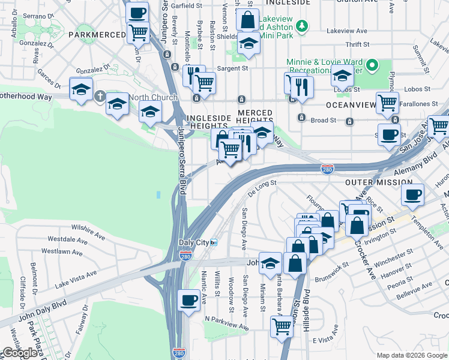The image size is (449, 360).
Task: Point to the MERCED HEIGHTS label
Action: click(255, 117)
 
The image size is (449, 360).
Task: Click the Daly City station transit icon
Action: click(213, 242)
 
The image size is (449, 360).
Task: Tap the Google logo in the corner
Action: click(20, 352)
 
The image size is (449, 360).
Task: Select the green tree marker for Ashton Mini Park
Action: click(303, 25)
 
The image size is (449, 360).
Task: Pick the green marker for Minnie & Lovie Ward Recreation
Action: click(372, 65)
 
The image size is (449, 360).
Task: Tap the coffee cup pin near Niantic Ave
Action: click(190, 300)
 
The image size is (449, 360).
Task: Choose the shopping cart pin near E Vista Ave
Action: click(281, 327)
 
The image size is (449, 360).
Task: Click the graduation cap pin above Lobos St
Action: click(342, 77)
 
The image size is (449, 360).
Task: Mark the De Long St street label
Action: click(261, 187)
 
